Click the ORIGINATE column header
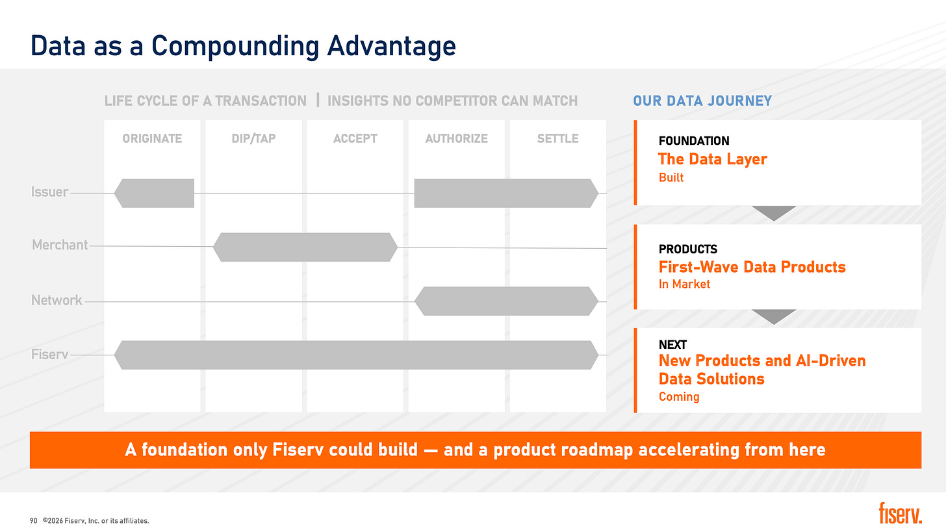[152, 138]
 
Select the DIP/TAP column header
[253, 138]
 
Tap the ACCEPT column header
[355, 138]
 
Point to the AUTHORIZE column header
[457, 138]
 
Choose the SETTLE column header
[558, 138]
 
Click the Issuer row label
[49, 192]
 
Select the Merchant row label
[60, 245]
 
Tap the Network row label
[57, 300]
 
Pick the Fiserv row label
[49, 354]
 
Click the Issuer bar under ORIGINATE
[154, 193]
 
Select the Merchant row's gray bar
[305, 247]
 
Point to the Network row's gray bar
[506, 301]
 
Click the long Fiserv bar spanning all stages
[356, 355]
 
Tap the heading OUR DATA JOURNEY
[702, 101]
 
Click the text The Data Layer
[713, 159]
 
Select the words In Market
[684, 284]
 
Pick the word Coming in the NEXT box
[679, 396]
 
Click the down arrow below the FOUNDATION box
[774, 212]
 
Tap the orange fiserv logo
[901, 513]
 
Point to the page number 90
[33, 521]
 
